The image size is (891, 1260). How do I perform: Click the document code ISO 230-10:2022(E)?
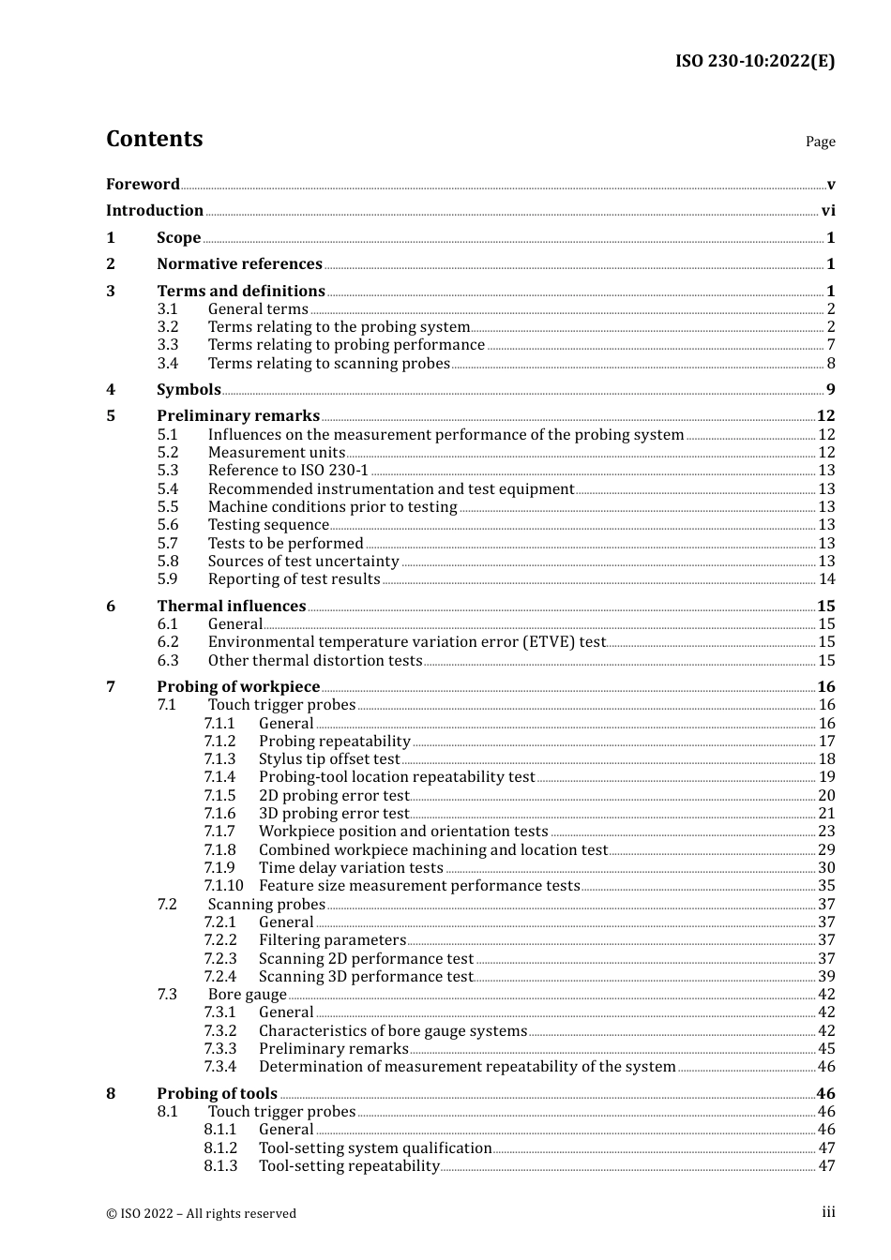754,61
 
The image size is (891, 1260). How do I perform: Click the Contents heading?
154,139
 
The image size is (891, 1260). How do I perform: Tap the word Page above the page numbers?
820,142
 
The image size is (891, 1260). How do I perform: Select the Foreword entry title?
143,184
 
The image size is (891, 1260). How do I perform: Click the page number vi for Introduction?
828,211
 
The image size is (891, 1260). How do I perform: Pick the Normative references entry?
239,264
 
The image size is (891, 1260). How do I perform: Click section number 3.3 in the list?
168,345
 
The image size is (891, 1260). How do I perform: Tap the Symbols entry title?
189,390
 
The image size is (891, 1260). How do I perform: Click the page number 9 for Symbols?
830,390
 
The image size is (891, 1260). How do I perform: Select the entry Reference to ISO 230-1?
288,471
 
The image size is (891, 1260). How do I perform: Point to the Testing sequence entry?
268,525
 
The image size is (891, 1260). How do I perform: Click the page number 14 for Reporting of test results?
826,579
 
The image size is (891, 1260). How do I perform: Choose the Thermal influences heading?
231,607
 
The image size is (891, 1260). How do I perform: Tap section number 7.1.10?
223,886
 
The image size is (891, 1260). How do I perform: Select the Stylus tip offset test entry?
329,759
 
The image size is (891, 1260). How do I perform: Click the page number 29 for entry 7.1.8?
826,850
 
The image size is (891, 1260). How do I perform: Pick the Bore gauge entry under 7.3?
248,995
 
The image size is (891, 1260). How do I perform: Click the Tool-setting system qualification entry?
375,1148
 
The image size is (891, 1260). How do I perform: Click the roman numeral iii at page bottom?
828,1212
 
